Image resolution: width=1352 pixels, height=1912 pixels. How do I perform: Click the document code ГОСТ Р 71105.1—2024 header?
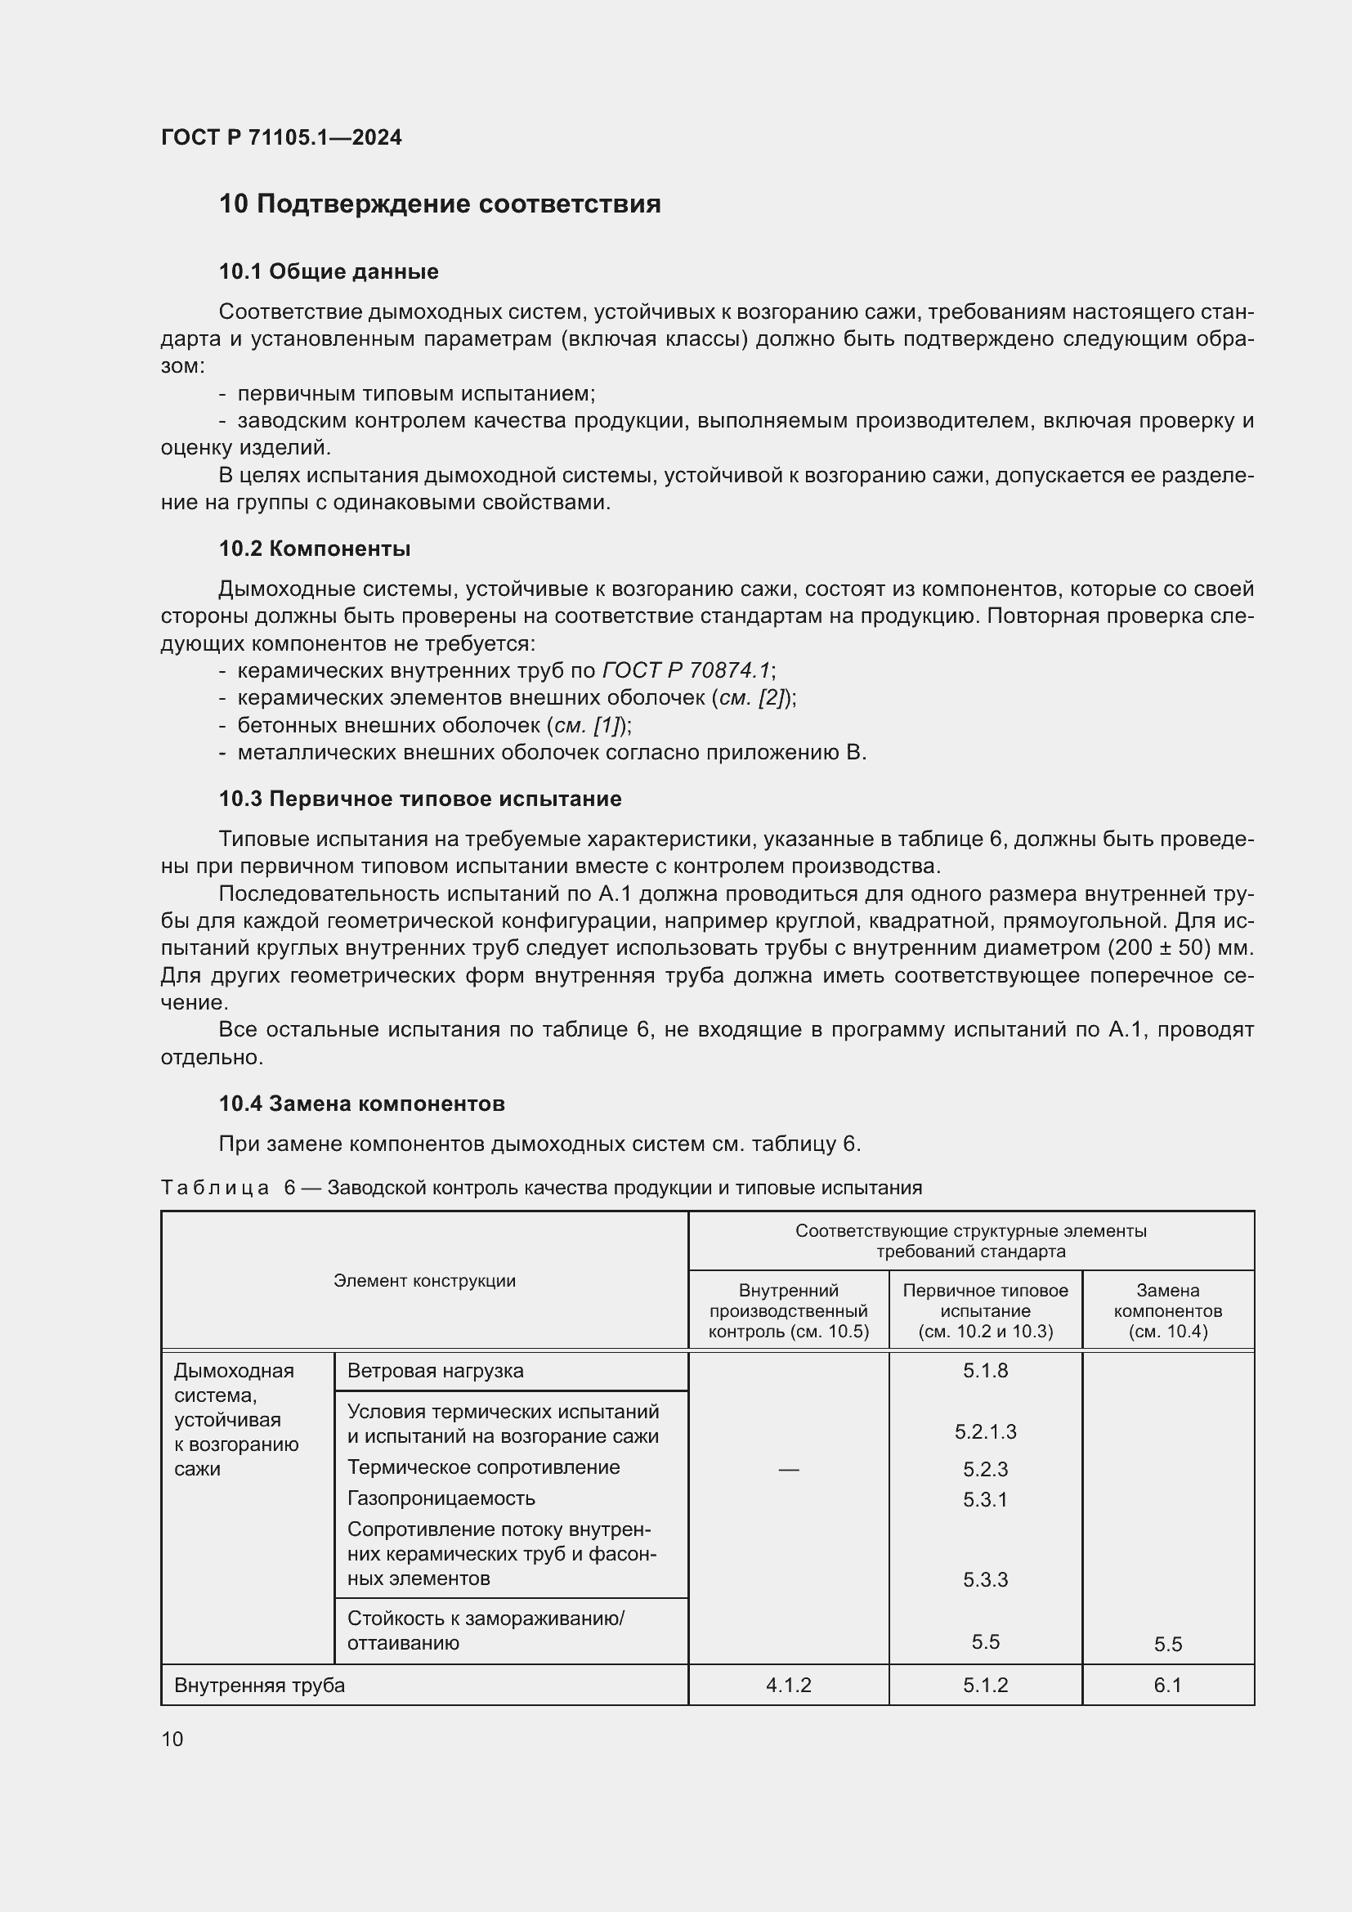(280, 137)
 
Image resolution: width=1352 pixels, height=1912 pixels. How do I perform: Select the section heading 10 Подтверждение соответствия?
(440, 204)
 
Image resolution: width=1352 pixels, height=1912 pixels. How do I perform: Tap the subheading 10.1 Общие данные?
(328, 271)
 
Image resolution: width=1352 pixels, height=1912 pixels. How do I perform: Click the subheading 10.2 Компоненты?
(315, 549)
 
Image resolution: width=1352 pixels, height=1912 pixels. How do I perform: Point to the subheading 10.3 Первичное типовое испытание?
(419, 799)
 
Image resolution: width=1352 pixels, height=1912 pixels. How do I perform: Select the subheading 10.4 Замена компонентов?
(361, 1104)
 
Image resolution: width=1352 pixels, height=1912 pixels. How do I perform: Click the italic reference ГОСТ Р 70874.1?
(686, 670)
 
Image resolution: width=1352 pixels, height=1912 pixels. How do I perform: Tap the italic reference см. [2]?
(752, 698)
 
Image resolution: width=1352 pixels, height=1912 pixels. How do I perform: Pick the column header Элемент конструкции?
(424, 1281)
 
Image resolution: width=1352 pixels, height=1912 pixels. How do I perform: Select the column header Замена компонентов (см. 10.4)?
(1167, 1310)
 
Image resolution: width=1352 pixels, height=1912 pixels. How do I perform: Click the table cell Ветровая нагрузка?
(435, 1371)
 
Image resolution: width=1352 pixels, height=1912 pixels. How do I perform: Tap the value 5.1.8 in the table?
(985, 1371)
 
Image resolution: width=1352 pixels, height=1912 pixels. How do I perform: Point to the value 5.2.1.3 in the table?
(985, 1431)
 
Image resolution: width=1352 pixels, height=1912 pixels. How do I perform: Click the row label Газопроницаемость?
(441, 1498)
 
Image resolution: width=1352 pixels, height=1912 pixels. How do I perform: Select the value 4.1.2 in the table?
(787, 1686)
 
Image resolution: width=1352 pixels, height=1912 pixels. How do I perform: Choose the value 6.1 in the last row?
(1167, 1686)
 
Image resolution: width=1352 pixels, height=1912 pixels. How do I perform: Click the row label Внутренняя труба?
(259, 1686)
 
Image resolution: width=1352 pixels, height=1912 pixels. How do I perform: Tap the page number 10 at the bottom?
(172, 1739)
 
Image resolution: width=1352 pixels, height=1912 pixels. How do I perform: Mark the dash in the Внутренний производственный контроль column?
(787, 1470)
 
